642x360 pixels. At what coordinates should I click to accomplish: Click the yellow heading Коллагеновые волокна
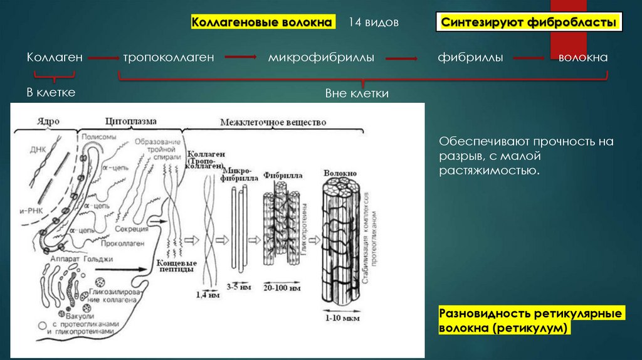click(261, 23)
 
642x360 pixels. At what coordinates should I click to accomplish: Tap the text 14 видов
click(374, 23)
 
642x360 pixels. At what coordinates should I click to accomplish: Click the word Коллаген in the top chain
click(55, 57)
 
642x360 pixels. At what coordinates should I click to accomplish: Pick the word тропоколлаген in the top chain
click(169, 57)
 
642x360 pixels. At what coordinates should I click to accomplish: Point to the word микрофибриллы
click(321, 57)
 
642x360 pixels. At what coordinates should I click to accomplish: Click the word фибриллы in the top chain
click(470, 57)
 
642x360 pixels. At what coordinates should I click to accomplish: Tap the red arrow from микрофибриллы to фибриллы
click(402, 58)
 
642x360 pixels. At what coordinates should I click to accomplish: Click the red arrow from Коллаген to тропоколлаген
click(103, 58)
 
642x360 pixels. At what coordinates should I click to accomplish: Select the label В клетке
click(51, 93)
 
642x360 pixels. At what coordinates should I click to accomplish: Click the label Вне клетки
click(357, 93)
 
